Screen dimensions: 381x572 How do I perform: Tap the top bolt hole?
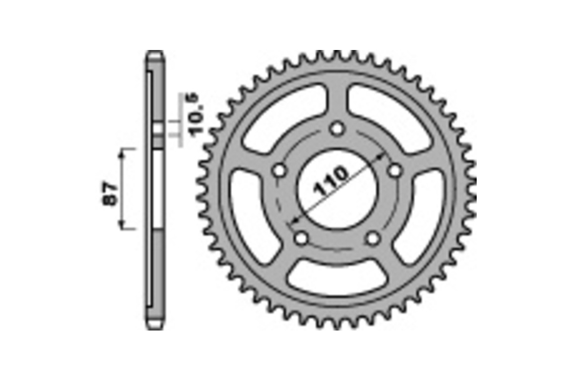pos(337,129)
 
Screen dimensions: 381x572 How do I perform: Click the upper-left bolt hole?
pos(279,170)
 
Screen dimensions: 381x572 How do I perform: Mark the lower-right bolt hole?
pos(373,238)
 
